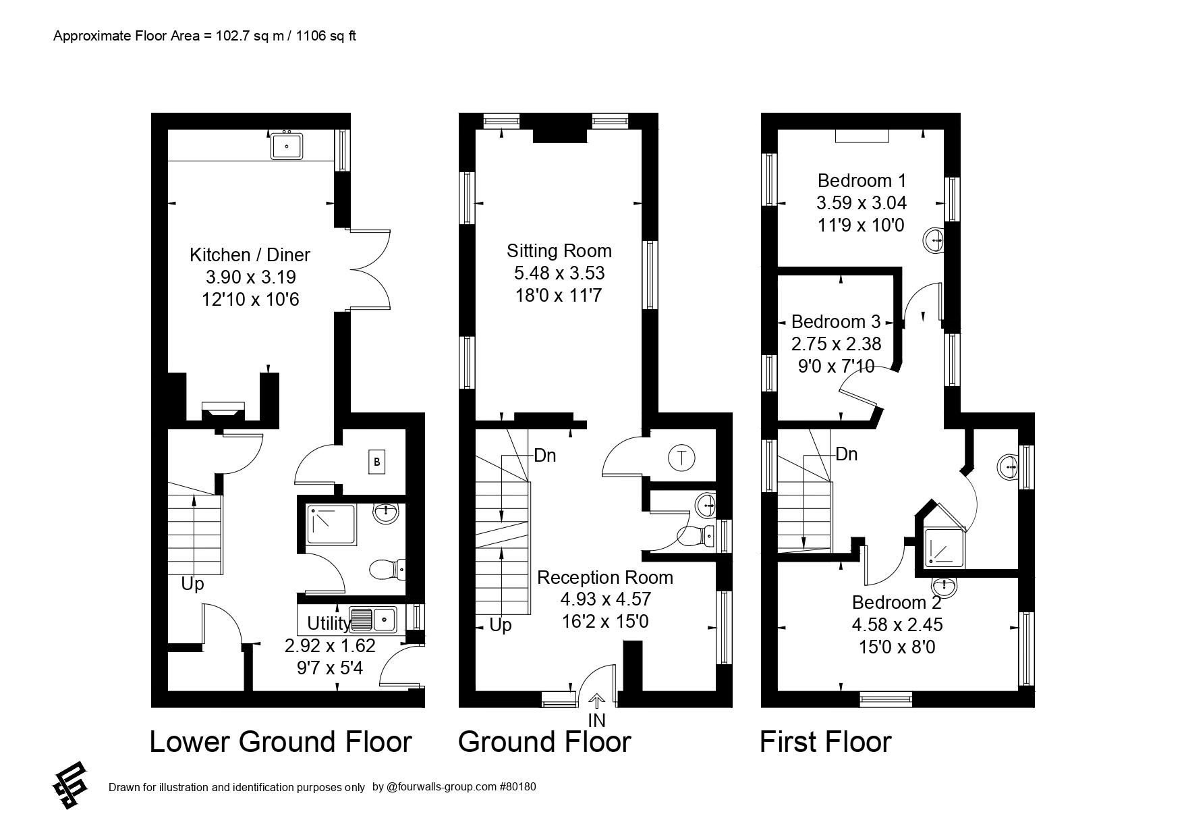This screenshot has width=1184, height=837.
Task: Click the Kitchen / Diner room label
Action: point(250,255)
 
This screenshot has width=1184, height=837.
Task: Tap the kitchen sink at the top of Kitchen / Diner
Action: point(287,145)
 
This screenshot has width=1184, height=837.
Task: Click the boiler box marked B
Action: point(376,462)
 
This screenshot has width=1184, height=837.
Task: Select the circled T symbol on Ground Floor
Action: point(681,458)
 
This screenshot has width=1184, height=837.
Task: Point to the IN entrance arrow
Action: point(597,702)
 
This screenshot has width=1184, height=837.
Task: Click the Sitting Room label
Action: point(559,251)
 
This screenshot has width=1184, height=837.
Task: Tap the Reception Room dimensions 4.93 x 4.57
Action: point(605,599)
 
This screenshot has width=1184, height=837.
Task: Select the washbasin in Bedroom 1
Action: point(935,240)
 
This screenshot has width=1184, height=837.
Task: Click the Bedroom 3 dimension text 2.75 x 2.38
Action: point(836,344)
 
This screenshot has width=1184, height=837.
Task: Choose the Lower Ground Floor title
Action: point(280,742)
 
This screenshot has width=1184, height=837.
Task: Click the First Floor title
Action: point(825,742)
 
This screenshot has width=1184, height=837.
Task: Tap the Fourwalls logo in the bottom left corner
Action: point(70,785)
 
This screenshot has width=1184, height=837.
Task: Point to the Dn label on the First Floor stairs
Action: point(846,454)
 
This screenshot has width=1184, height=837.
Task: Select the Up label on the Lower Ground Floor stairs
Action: point(192,584)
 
